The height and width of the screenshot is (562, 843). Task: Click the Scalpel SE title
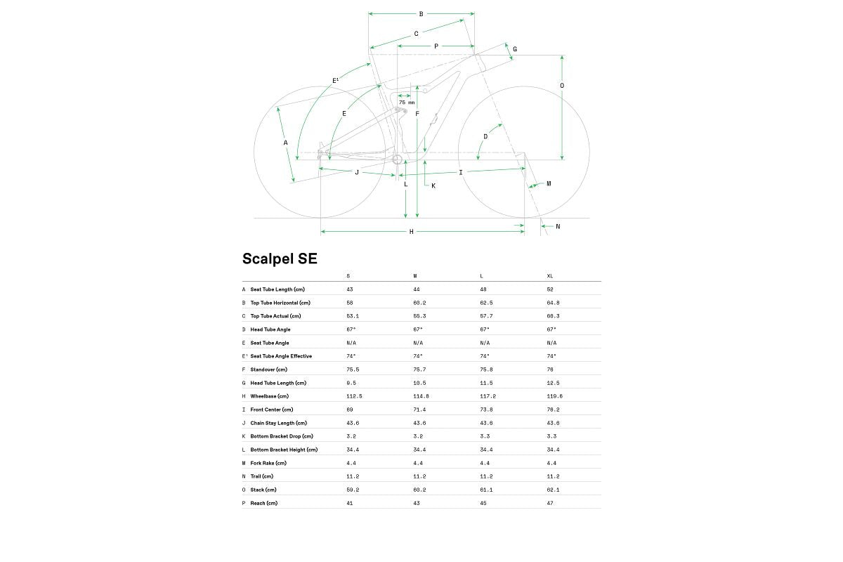click(280, 259)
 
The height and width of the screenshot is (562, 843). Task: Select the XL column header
click(550, 276)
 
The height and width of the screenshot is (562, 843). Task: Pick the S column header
click(348, 276)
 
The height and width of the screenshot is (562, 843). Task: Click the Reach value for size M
click(416, 503)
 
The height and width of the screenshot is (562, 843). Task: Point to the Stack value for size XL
click(552, 490)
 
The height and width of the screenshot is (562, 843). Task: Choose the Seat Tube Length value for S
click(349, 289)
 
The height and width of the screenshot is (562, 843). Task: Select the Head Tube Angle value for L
click(485, 329)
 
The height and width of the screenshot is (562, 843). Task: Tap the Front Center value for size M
click(419, 410)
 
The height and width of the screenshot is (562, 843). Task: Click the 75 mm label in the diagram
click(406, 103)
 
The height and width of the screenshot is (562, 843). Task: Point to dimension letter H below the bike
click(412, 232)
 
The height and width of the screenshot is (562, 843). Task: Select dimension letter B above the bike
click(421, 14)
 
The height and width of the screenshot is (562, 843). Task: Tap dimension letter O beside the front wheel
click(561, 86)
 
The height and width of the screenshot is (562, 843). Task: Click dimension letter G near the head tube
click(515, 49)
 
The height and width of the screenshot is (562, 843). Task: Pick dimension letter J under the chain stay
click(356, 172)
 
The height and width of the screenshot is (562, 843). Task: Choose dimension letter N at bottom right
click(558, 226)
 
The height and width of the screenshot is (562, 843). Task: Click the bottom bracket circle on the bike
click(397, 159)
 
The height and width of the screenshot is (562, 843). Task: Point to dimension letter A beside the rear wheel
click(285, 143)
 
